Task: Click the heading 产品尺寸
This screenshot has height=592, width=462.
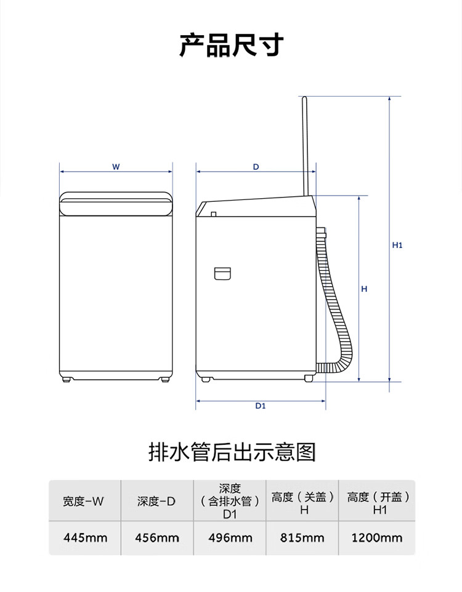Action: pyautogui.click(x=231, y=46)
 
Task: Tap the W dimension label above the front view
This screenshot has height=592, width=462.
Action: pyautogui.click(x=116, y=167)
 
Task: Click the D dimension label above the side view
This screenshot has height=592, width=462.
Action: pyautogui.click(x=256, y=167)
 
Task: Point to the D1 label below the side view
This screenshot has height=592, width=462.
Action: pyautogui.click(x=261, y=406)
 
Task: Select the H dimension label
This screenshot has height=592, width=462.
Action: pyautogui.click(x=364, y=289)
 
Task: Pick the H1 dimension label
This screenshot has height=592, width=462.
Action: pyautogui.click(x=397, y=246)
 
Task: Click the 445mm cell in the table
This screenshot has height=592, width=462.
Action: pyautogui.click(x=85, y=538)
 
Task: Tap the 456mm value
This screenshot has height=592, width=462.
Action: pyautogui.click(x=157, y=538)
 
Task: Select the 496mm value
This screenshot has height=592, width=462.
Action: pyautogui.click(x=230, y=538)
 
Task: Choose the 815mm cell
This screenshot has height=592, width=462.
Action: pyautogui.click(x=302, y=538)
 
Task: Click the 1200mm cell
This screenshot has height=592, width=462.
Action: pyautogui.click(x=377, y=538)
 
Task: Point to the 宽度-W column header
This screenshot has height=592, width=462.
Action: pyautogui.click(x=83, y=502)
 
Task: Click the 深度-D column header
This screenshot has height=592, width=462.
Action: pyautogui.click(x=156, y=502)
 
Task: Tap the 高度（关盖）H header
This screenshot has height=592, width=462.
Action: pyautogui.click(x=303, y=503)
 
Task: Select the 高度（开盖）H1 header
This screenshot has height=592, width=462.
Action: pyautogui.click(x=378, y=503)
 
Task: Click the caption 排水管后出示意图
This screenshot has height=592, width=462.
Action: pyautogui.click(x=232, y=452)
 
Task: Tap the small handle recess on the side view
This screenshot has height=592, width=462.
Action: pyautogui.click(x=222, y=274)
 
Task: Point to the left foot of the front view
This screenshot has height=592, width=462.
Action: pyautogui.click(x=68, y=380)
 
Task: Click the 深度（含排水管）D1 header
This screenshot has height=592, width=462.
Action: pyautogui.click(x=230, y=502)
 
